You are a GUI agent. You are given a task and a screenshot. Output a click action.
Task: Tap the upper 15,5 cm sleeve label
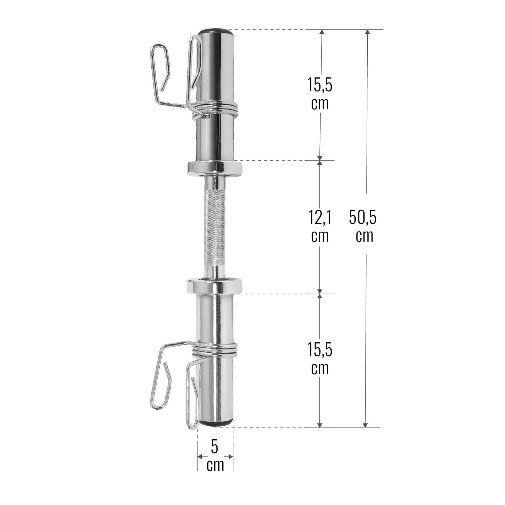(320, 94)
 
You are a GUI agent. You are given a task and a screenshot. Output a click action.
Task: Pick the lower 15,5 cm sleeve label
(320, 358)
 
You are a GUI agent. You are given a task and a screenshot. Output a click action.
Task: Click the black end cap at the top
(215, 32)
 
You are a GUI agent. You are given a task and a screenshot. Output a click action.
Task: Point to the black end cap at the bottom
(215, 423)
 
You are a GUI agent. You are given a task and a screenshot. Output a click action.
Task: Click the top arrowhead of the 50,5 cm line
(366, 33)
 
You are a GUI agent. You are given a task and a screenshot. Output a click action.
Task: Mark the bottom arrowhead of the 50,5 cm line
(365, 424)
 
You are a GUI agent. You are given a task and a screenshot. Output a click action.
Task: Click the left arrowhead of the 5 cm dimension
(200, 456)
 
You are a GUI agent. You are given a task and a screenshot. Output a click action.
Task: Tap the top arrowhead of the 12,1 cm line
(320, 163)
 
